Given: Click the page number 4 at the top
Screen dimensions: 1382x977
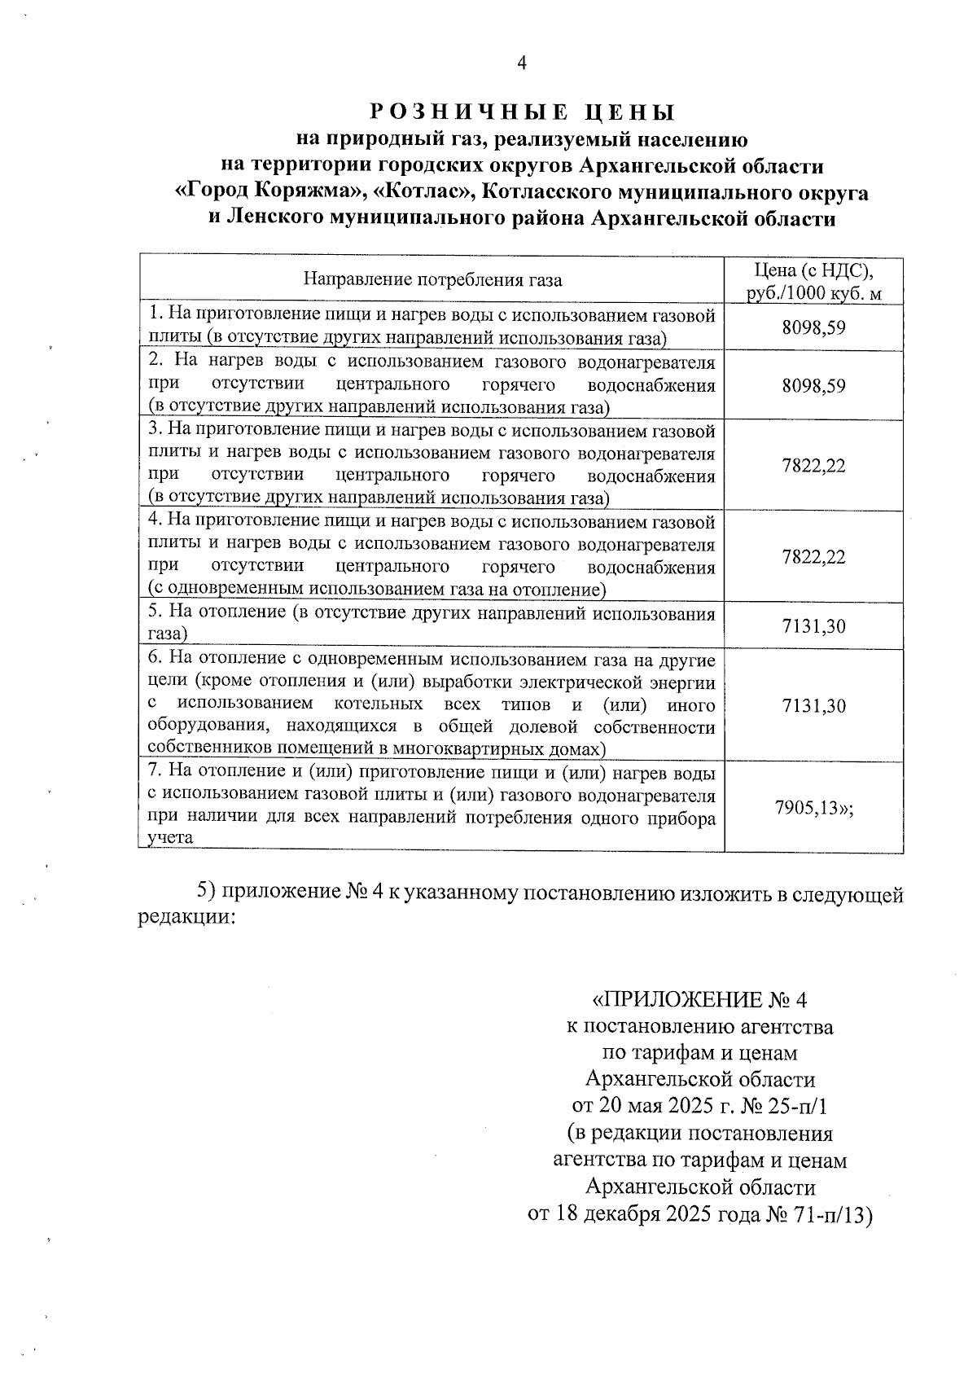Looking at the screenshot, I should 522,64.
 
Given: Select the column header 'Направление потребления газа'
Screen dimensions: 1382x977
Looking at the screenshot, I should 432,280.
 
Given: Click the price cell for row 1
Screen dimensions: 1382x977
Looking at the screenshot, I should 813,327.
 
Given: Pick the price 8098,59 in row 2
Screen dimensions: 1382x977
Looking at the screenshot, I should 813,385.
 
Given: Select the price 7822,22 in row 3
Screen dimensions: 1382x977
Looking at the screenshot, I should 813,466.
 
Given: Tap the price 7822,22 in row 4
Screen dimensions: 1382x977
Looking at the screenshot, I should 813,557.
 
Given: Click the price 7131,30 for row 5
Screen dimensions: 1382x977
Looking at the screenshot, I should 813,625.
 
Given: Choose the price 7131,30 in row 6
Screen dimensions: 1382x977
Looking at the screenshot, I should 813,705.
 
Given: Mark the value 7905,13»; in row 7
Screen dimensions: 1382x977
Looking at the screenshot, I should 813,807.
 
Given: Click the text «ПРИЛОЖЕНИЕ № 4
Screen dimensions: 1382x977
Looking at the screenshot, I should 699,999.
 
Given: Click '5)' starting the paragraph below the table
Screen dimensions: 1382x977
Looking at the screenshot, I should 207,893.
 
